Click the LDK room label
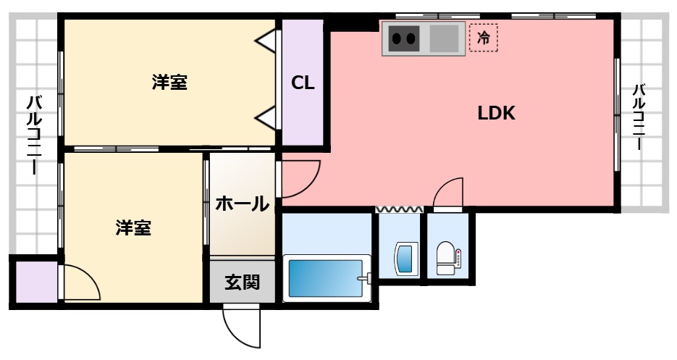(x=495, y=113)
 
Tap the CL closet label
(x=303, y=83)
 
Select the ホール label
(x=242, y=204)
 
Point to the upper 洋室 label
(x=169, y=83)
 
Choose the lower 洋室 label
(x=133, y=227)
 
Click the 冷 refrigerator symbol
(x=484, y=38)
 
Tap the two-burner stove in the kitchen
(x=404, y=38)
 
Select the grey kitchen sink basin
(x=445, y=38)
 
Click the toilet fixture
(x=447, y=259)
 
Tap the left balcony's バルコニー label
(x=33, y=135)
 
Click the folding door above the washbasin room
(x=399, y=209)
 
